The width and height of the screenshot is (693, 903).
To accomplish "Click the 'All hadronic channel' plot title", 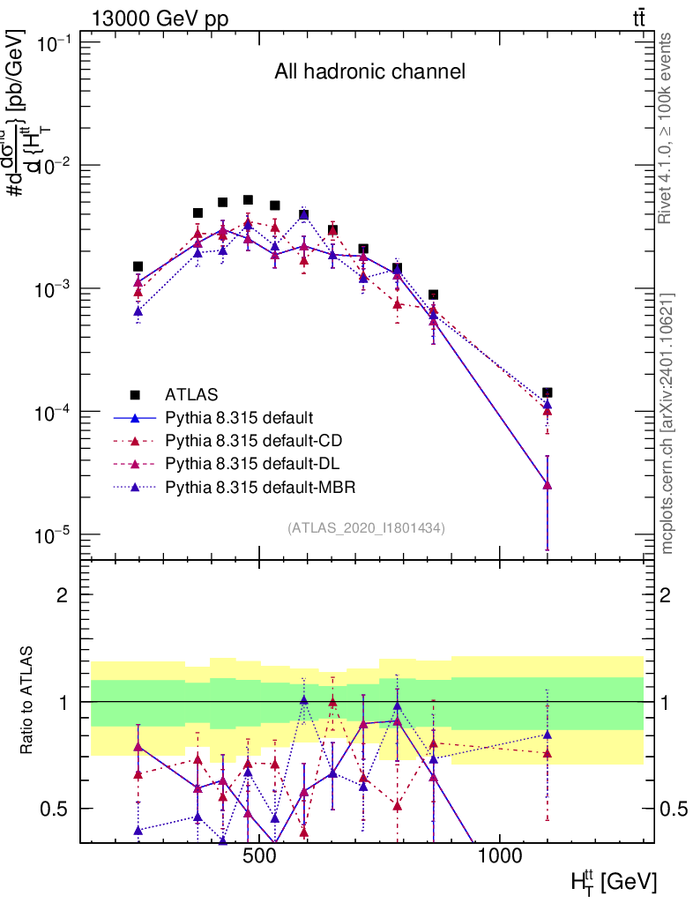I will point(369,72).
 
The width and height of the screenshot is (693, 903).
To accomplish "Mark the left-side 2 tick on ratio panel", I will point(63,594).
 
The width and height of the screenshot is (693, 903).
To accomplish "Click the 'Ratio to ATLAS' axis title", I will point(28,701).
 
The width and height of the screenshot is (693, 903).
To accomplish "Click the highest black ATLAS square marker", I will point(248,200).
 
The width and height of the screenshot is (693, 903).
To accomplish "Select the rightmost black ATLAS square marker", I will point(548,392).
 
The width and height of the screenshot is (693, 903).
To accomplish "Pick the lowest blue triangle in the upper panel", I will point(548,485).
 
